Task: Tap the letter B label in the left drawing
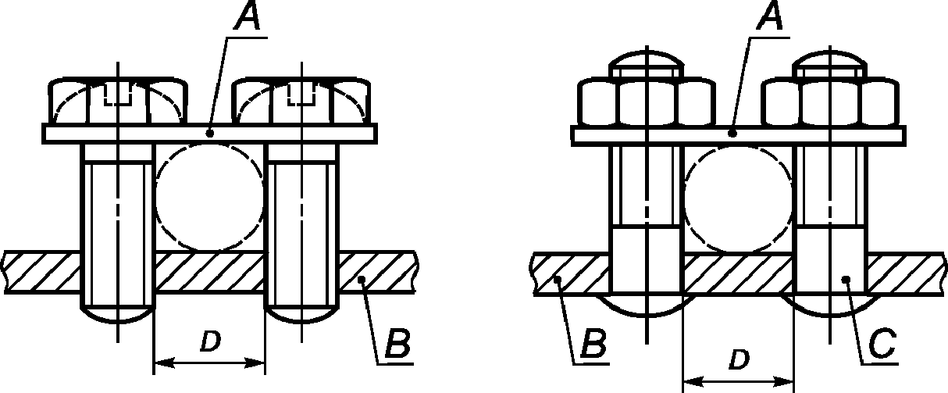click(396, 343)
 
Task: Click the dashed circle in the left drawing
click(209, 195)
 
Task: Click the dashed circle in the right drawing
click(738, 195)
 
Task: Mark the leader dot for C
click(846, 280)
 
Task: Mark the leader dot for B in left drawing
click(361, 280)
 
